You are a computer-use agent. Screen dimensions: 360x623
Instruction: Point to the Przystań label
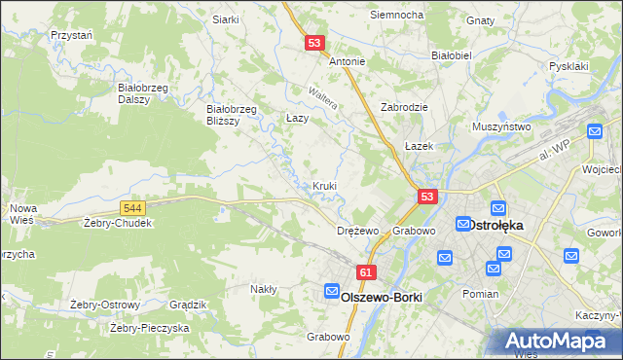71,34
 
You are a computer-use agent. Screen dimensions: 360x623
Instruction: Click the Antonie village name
348,61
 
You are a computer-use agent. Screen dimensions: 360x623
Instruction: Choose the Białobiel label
451,55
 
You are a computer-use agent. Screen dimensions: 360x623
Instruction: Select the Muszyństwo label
500,127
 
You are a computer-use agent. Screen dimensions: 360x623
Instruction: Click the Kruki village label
325,185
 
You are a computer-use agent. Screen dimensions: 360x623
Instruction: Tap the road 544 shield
134,208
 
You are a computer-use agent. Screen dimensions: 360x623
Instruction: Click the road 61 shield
366,273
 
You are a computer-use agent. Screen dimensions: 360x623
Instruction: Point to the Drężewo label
356,232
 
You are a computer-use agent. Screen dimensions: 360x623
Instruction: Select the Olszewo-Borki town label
375,297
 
